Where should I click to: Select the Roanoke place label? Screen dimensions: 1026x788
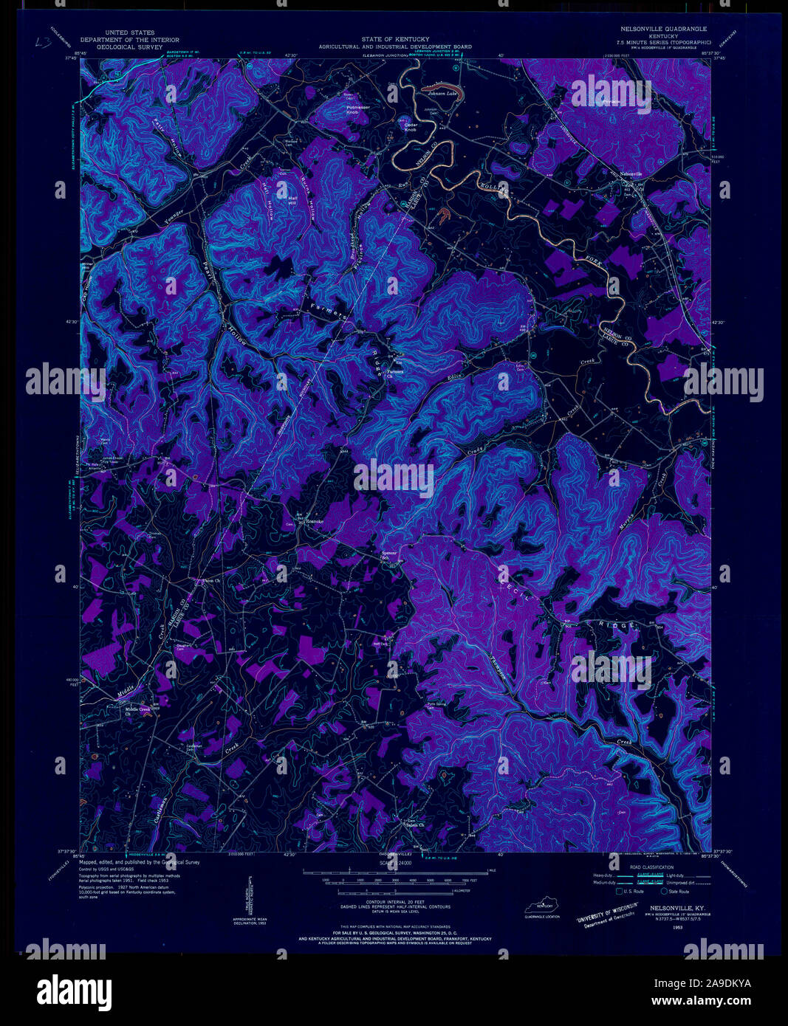click(x=315, y=522)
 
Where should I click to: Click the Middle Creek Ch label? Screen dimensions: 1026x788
click(x=137, y=711)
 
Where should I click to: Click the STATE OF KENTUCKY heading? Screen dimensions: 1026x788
click(x=394, y=38)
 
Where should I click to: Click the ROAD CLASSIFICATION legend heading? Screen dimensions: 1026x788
click(x=651, y=867)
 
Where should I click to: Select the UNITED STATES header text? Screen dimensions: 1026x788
click(x=129, y=33)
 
